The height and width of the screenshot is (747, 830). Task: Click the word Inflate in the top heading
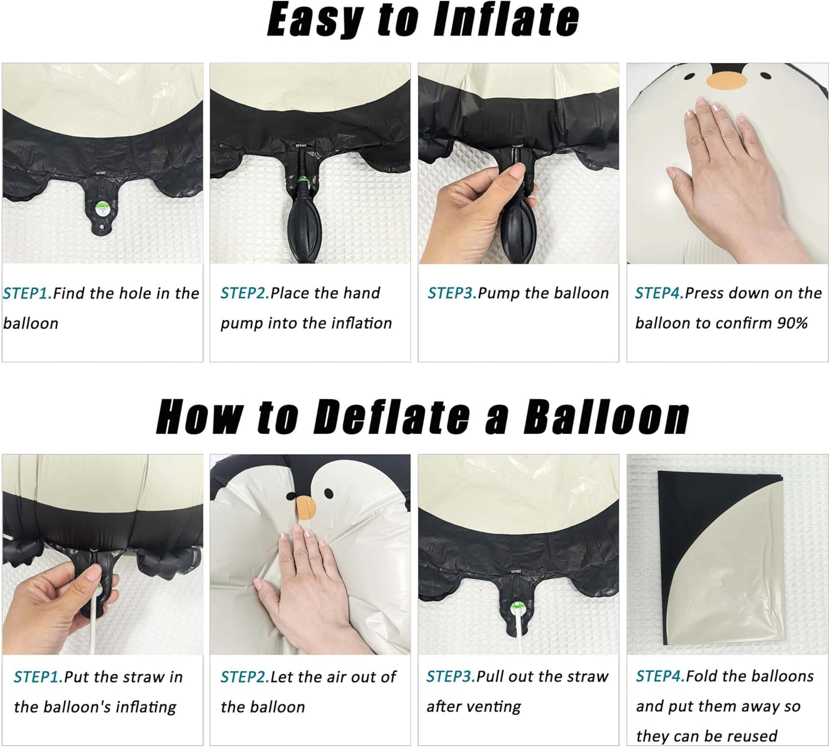click(505, 20)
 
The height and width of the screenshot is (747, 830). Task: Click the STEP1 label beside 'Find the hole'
click(27, 293)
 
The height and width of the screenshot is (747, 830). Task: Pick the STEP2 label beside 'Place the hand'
click(245, 293)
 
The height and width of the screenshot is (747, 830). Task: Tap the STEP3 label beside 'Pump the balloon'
click(452, 293)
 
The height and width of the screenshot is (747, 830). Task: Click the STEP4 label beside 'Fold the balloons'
click(660, 676)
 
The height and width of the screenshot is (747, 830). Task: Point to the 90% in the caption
click(792, 323)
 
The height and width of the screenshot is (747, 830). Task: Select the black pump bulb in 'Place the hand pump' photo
click(310, 227)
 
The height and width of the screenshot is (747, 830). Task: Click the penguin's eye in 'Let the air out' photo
click(329, 493)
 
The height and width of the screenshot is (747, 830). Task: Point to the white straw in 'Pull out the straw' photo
click(519, 626)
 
